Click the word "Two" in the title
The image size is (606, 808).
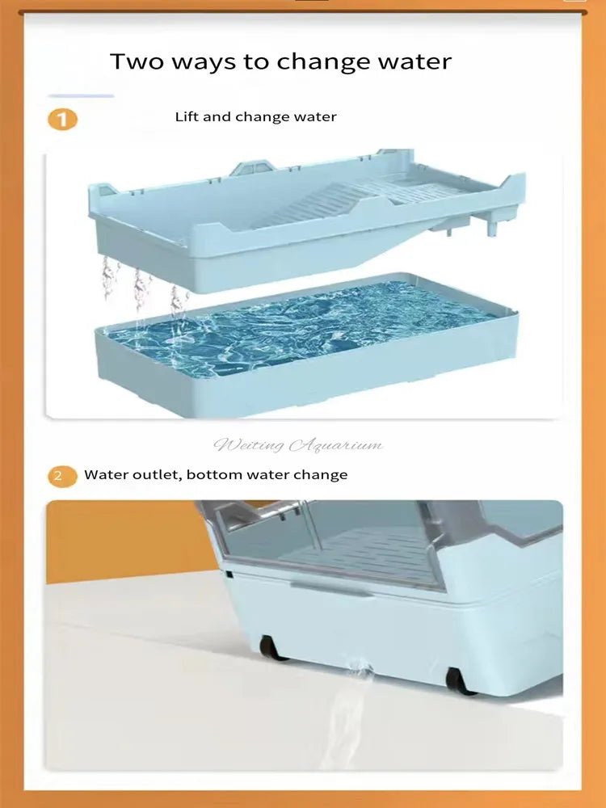(x=135, y=61)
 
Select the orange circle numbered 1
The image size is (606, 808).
(x=62, y=120)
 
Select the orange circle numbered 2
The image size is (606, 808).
(x=58, y=475)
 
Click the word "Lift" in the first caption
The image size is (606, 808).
(x=187, y=116)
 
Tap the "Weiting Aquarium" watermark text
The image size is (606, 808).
(x=297, y=444)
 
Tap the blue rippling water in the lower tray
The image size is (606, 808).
(x=307, y=323)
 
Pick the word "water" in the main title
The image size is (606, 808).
(x=412, y=61)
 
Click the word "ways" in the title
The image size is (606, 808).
(x=200, y=63)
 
